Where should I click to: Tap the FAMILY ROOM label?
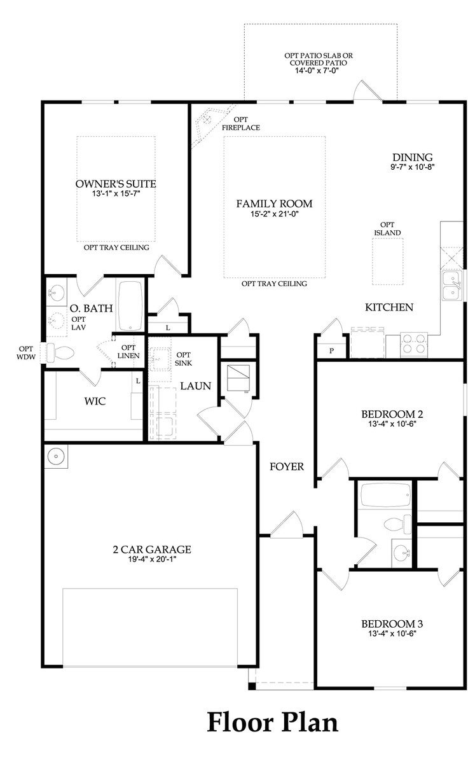[274, 204]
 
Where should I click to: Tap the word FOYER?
[286, 466]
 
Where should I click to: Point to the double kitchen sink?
[451, 284]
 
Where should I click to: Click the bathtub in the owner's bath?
[131, 306]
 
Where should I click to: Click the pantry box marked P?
[331, 350]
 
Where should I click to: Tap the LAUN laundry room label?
[191, 385]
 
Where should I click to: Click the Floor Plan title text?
[272, 722]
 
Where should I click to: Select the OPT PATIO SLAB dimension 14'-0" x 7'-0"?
[318, 71]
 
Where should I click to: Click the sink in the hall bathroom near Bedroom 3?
[401, 551]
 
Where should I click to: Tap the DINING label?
[412, 157]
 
